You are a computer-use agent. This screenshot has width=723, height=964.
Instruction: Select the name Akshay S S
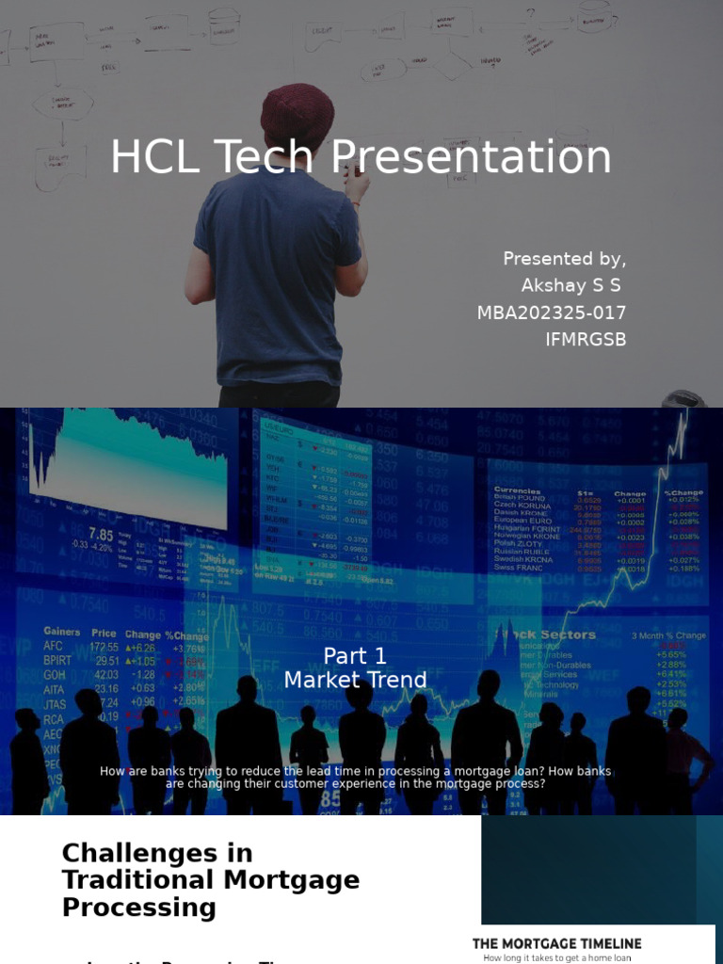point(571,285)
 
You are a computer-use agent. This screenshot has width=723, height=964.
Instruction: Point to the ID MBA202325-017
point(552,313)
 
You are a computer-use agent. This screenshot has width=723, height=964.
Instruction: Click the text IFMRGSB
point(586,339)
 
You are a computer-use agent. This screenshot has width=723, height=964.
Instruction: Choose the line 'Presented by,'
point(564,259)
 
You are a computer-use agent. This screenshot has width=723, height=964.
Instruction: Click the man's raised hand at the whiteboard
point(356,179)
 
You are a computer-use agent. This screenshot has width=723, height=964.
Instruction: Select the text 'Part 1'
point(355,656)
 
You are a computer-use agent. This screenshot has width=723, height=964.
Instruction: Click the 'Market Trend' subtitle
point(355,680)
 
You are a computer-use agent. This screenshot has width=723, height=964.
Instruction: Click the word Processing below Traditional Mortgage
point(138,908)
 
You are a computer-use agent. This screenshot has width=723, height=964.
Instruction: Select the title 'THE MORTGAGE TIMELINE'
point(556,943)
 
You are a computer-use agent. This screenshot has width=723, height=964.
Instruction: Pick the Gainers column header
point(62,633)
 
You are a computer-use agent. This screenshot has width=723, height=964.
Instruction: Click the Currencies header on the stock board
point(518,490)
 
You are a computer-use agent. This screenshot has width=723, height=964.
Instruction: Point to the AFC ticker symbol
point(54,647)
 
